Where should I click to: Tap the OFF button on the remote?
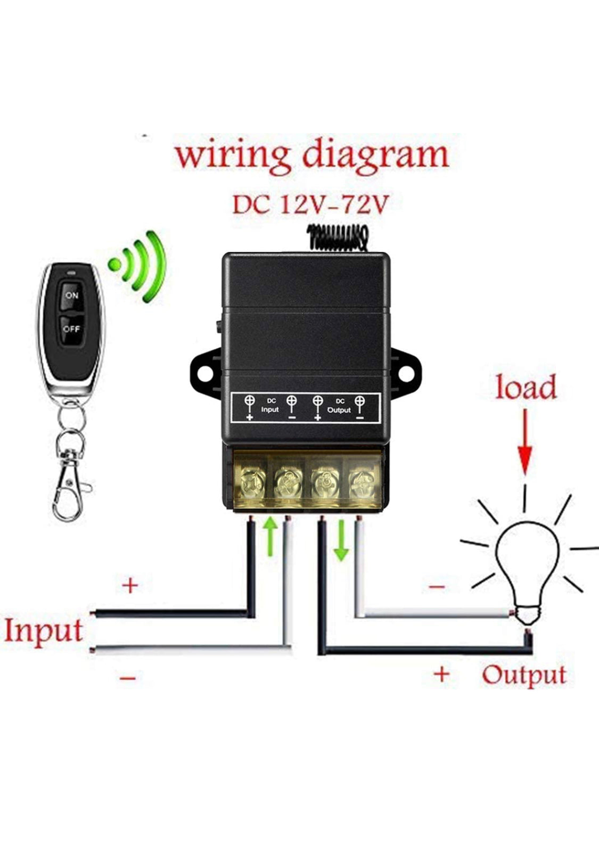coord(71,329)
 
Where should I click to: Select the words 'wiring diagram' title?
coord(313,155)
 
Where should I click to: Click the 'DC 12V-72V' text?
coord(309,205)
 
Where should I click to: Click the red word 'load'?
coord(526,387)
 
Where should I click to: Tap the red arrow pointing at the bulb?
coord(526,442)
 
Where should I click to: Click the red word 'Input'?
coord(43,632)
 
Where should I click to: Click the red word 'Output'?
coord(524,675)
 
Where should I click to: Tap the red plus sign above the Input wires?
coord(130,586)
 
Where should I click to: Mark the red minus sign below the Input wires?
coord(128,678)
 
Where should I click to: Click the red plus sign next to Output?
coord(441,675)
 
